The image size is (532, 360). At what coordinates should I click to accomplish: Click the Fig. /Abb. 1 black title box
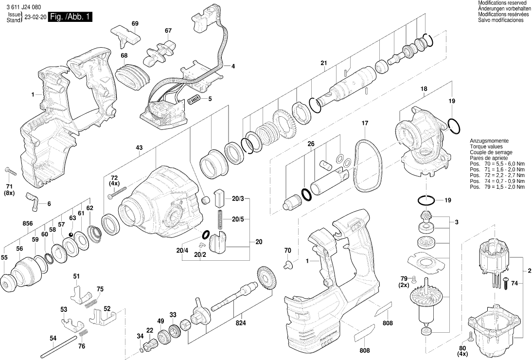69,17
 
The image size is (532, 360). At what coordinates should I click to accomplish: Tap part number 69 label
135,24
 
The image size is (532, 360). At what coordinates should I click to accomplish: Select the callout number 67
168,31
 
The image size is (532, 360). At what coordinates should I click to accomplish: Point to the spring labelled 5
195,99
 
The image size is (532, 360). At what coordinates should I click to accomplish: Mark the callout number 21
324,62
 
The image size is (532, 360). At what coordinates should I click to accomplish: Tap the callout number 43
139,147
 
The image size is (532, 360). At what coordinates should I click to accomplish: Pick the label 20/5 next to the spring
238,219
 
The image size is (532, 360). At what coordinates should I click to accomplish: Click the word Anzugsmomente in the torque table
487,140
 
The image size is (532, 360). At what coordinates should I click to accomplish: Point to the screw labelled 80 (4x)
469,335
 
